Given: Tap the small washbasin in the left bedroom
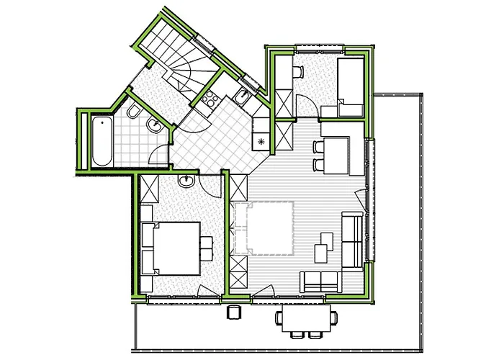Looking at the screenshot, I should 186,181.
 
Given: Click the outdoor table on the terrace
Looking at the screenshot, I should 307,318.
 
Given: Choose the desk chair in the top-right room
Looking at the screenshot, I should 297,72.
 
